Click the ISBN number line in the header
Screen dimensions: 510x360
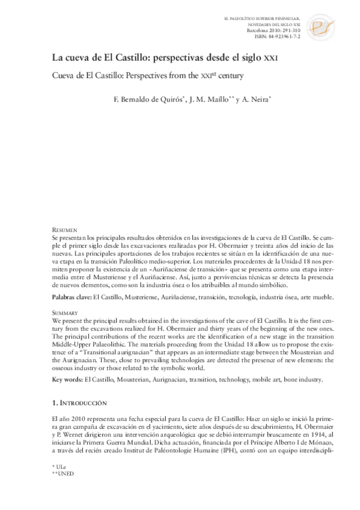279,36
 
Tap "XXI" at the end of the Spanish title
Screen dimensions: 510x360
272,60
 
